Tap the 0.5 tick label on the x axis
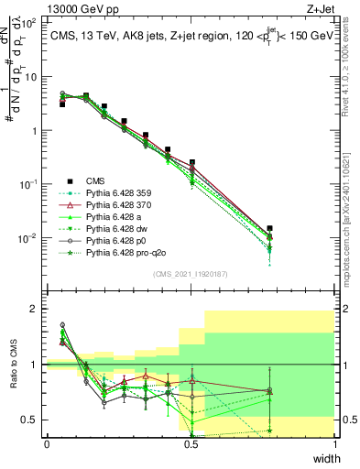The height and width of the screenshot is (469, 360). (191, 444)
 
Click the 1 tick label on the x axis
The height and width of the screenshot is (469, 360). (335, 444)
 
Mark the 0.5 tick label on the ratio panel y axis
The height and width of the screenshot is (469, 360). (32, 420)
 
